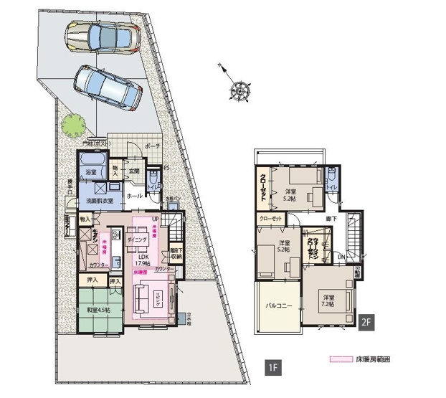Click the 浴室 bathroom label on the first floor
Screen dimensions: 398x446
(92, 173)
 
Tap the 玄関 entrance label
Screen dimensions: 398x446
(133, 171)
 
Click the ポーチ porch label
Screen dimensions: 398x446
(152, 145)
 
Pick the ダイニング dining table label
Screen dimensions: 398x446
(137, 239)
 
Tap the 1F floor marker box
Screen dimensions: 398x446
(272, 369)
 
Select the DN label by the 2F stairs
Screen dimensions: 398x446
(341, 256)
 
